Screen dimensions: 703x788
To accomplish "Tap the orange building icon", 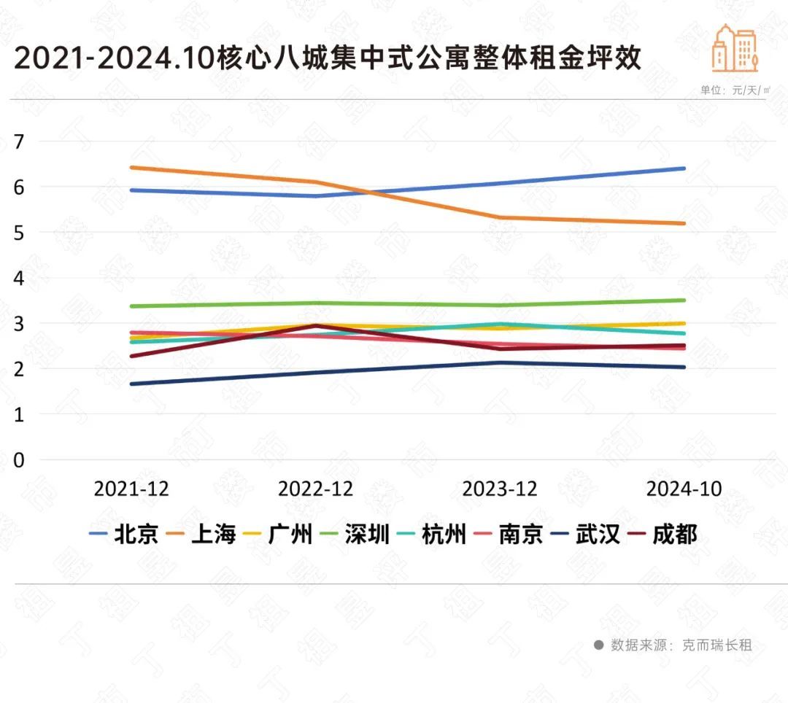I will tap(735, 49).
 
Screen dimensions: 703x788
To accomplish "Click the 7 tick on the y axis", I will tap(19, 141).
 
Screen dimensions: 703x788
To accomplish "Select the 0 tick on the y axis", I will tap(19, 460).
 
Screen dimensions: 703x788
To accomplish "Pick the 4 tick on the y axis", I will tap(19, 278).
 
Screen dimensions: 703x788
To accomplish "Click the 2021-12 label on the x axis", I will tap(131, 489).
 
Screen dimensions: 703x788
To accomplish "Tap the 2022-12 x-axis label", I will tap(315, 489).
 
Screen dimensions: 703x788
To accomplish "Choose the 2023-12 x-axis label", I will tap(500, 489).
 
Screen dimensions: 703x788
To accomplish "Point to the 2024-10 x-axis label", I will tap(684, 489).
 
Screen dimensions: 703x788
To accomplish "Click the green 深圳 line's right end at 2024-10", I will tap(684, 300).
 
